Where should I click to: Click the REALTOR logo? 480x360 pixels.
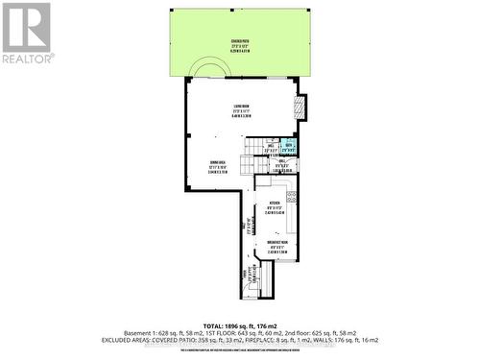pos(26,33)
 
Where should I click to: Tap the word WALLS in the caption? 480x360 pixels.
pos(321,339)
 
